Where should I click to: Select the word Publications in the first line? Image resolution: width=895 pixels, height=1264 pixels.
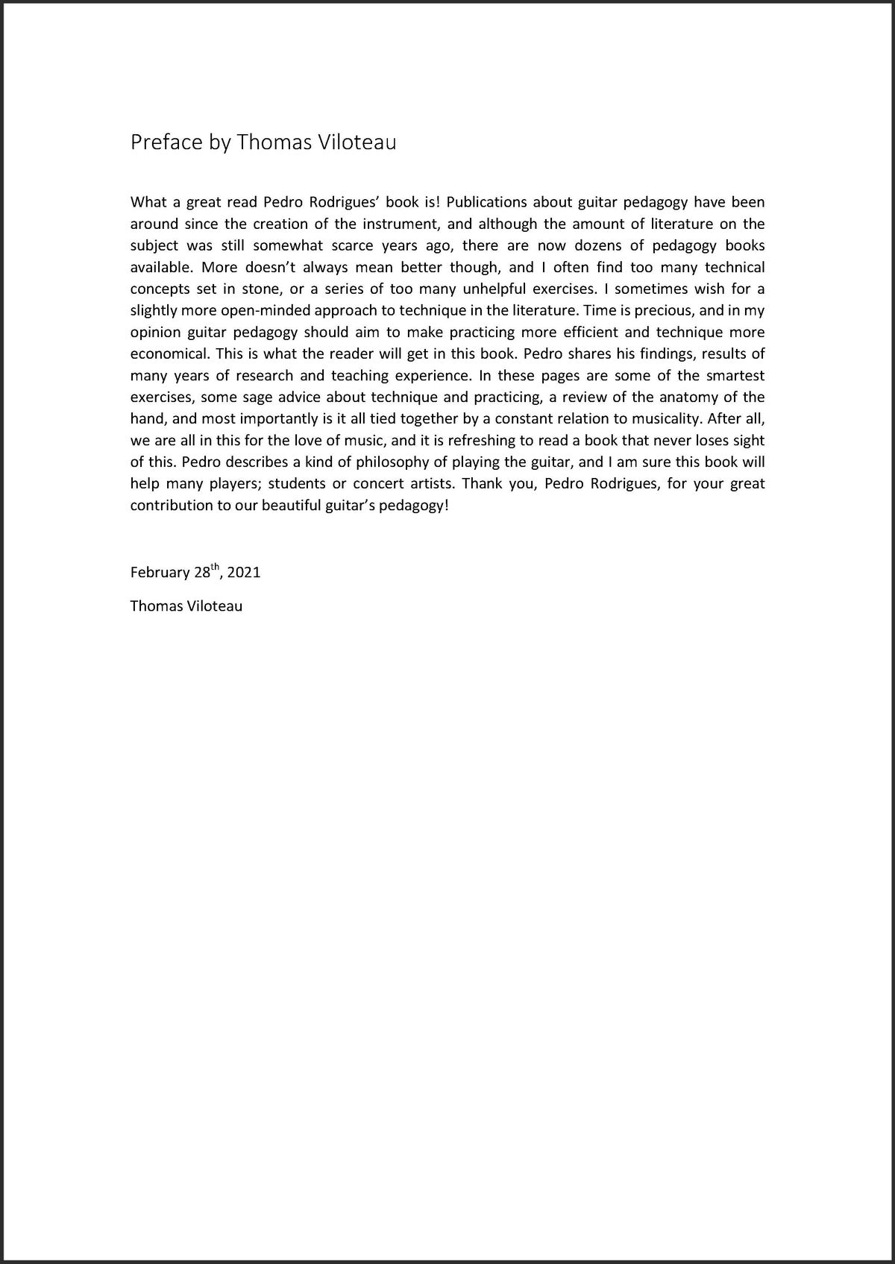(x=485, y=202)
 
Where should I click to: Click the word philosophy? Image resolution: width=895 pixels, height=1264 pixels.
(x=386, y=462)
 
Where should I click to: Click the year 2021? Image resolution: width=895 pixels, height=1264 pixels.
(x=244, y=573)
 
